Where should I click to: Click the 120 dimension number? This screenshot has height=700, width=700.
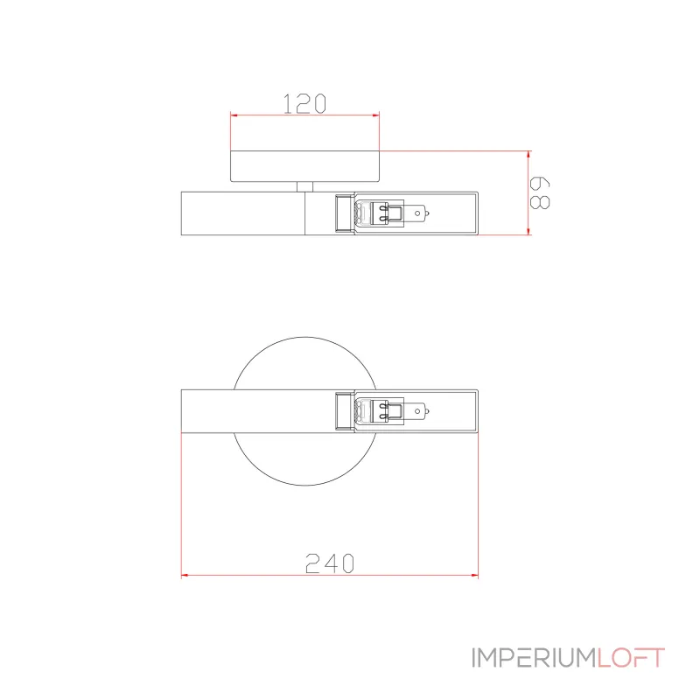304,103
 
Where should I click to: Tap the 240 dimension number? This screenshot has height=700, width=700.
330,563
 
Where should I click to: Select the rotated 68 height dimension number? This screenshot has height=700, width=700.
540,192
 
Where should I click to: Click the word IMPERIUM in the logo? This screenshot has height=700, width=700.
535,658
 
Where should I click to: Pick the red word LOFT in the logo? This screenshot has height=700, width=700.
631,658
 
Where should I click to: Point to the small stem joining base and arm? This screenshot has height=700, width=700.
304,186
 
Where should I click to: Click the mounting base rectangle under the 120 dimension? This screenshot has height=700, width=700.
304,166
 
